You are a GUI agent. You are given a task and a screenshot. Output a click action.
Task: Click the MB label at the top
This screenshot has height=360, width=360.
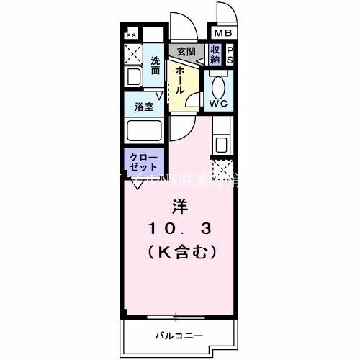click(x=221, y=32)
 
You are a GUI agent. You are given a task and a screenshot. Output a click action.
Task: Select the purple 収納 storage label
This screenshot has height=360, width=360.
click(x=215, y=55)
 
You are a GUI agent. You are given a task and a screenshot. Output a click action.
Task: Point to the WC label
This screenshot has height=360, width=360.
click(x=218, y=104)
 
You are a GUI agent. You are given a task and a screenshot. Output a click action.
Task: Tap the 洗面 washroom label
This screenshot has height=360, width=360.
click(x=156, y=66)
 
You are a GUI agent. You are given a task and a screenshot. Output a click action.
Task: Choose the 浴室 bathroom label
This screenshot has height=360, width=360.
click(x=144, y=107)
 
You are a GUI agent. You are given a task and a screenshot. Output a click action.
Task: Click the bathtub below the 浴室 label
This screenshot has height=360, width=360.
click(x=144, y=132)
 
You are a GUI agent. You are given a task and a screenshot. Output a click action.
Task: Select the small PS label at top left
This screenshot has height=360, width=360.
click(x=130, y=35)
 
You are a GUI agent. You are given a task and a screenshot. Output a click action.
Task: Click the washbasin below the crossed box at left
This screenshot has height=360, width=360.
click(x=133, y=78)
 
